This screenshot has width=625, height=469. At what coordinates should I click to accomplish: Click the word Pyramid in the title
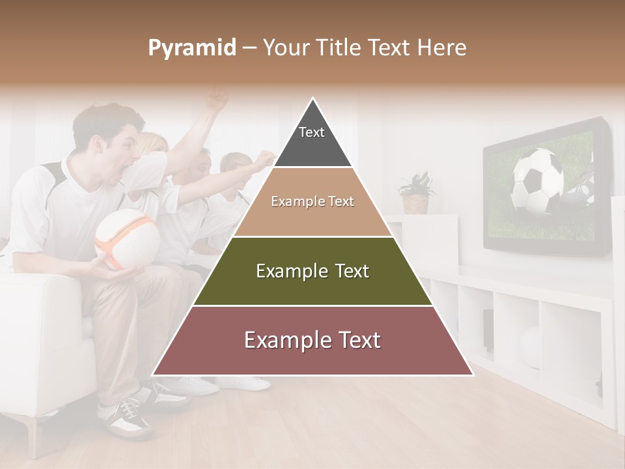pyautogui.click(x=192, y=48)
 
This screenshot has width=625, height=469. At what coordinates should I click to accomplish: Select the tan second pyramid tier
pyautogui.click(x=312, y=202)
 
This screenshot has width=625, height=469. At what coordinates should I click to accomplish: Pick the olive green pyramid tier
pyautogui.click(x=312, y=271)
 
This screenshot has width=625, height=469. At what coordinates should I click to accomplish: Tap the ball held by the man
pyautogui.click(x=127, y=238)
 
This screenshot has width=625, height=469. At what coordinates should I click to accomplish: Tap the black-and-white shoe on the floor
pyautogui.click(x=125, y=417)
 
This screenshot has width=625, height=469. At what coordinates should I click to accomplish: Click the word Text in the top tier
pyautogui.click(x=312, y=132)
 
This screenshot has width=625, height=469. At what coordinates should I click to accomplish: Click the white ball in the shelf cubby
pyautogui.click(x=531, y=345)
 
